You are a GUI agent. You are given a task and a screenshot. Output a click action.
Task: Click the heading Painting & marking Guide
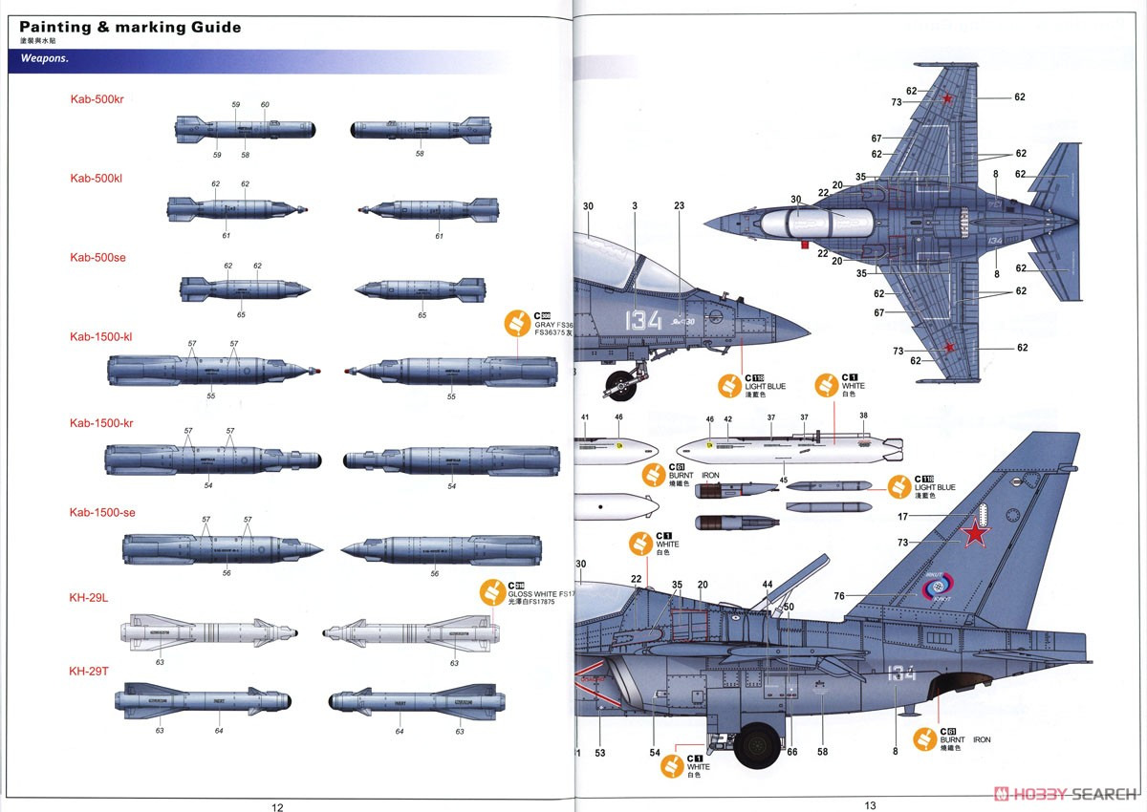(x=130, y=27)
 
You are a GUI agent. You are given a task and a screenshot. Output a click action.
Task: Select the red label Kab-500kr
(x=97, y=99)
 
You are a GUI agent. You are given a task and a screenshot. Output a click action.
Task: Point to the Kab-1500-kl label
(x=101, y=336)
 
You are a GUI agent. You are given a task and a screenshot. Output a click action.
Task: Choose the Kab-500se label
(x=97, y=257)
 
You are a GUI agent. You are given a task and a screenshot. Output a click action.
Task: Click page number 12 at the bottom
(x=277, y=805)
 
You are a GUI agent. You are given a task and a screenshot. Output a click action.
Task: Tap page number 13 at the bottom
(x=870, y=805)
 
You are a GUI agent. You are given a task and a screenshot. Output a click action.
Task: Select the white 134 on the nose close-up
(x=643, y=320)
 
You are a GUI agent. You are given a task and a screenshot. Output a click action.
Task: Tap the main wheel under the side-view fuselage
(x=758, y=744)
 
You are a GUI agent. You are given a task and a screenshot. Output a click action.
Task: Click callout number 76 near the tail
(x=838, y=596)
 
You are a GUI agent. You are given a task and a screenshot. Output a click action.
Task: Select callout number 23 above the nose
(x=679, y=206)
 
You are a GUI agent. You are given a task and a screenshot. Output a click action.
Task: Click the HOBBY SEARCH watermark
(x=1066, y=793)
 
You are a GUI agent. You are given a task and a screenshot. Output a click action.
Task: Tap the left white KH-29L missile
(x=210, y=632)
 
